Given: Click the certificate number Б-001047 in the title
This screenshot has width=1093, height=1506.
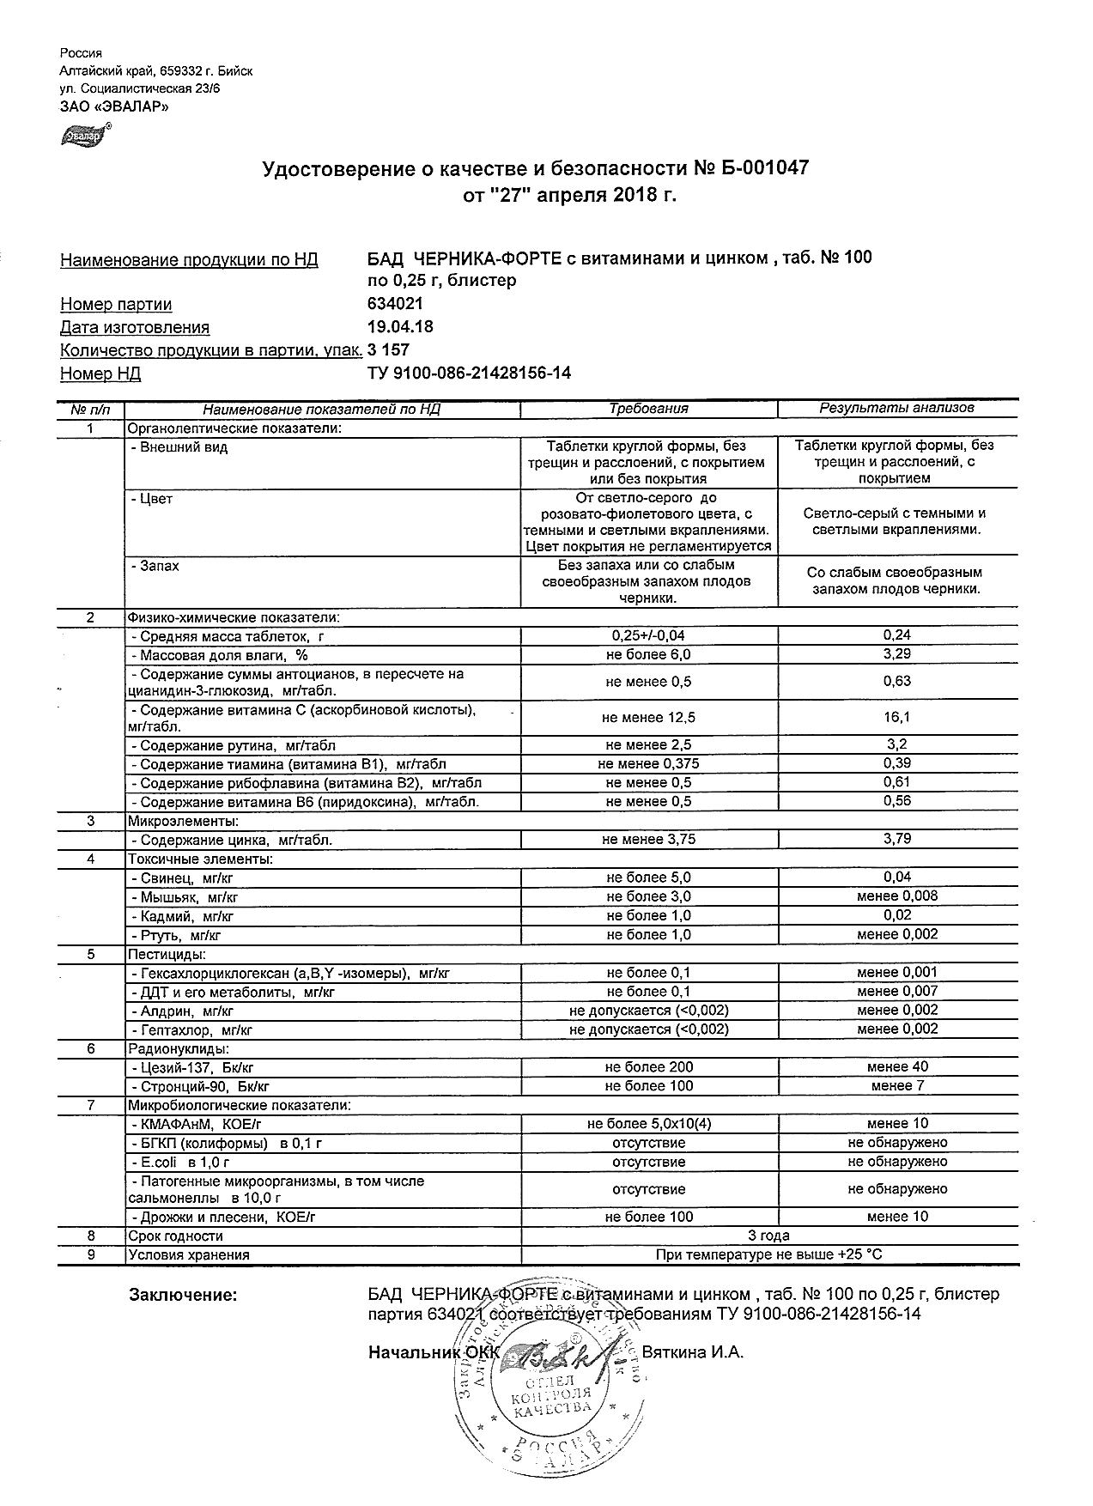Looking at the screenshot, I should click(762, 169).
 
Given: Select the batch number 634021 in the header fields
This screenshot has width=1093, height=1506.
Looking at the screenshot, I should click(395, 304).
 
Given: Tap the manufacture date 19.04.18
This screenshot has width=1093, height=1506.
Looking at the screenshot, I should click(400, 327).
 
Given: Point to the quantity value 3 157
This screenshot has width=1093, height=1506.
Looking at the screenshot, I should click(388, 350).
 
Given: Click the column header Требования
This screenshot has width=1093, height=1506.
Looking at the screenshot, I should click(648, 409).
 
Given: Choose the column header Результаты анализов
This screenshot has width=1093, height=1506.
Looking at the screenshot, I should click(896, 408).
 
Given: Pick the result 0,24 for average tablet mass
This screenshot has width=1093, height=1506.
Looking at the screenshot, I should click(896, 635).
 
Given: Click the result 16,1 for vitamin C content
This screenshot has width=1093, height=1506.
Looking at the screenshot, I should click(896, 717).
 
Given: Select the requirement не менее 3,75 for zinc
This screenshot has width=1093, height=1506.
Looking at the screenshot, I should click(648, 840).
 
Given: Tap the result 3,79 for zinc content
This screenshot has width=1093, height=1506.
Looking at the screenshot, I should click(896, 839).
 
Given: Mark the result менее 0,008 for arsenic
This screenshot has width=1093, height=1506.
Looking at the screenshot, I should click(896, 896).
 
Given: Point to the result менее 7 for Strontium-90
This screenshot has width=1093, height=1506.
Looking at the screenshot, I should click(896, 1086).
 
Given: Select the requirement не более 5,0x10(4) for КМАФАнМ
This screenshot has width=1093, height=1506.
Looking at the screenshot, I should click(648, 1124).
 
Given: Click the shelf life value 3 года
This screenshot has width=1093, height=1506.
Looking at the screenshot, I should click(769, 1236).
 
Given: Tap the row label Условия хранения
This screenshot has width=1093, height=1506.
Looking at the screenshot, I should click(189, 1254).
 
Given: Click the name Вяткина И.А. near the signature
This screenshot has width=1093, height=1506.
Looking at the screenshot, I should click(693, 1352).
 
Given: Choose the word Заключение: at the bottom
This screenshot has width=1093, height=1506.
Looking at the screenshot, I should click(182, 1296).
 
